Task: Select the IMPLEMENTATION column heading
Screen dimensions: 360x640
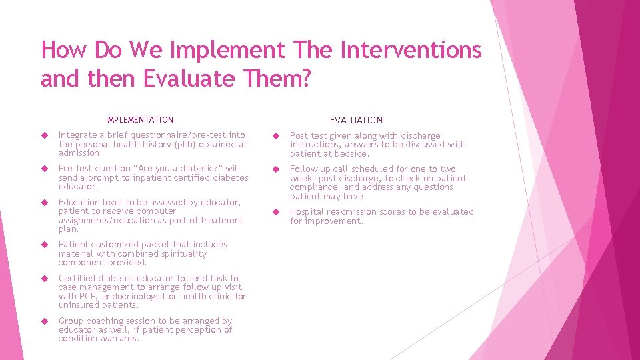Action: tap(139, 120)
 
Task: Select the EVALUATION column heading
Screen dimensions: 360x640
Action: tap(356, 120)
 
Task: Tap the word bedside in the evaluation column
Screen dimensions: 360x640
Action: tap(347, 153)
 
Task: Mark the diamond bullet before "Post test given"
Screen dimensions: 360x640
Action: tap(274, 136)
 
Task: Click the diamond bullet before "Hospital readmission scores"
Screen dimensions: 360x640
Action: tap(274, 212)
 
